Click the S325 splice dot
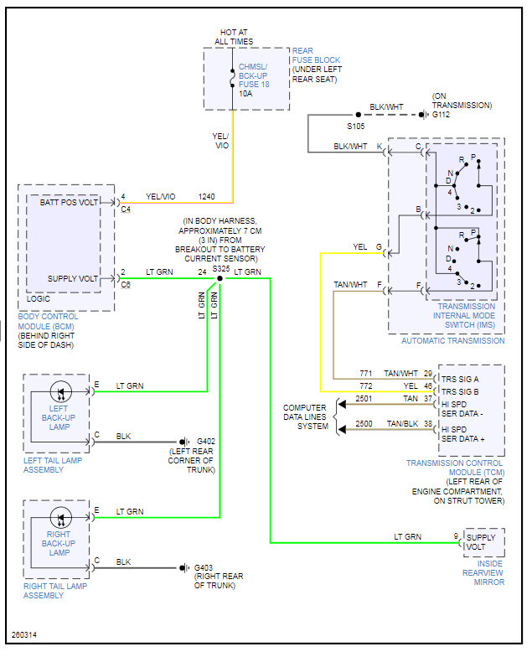[x=220, y=279]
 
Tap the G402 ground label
[x=206, y=442]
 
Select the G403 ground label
[x=206, y=567]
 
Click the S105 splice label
[x=357, y=127]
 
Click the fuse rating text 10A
[x=246, y=94]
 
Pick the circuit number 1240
[x=207, y=196]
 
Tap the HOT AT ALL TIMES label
[x=232, y=36]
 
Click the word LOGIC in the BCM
[x=39, y=297]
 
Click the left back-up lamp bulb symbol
[x=59, y=392]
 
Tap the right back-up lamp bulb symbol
[x=59, y=518]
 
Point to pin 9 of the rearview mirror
[x=457, y=536]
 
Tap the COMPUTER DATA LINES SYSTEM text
[x=307, y=416]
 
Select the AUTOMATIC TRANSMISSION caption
[x=452, y=341]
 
